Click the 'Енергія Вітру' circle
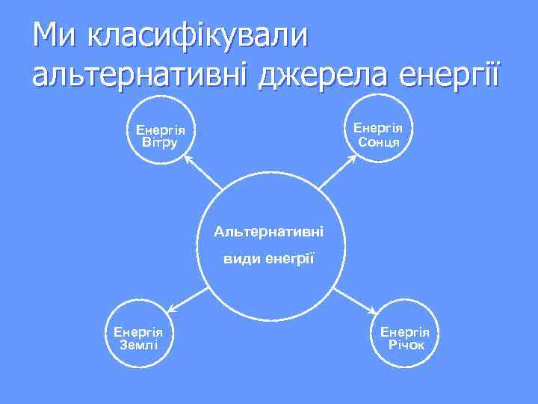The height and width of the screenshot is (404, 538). pyautogui.click(x=161, y=134)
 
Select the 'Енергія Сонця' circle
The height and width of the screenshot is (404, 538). pyautogui.click(x=378, y=134)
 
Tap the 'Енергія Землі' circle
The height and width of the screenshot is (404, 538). pyautogui.click(x=139, y=337)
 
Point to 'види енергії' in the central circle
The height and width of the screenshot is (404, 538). pyautogui.click(x=269, y=258)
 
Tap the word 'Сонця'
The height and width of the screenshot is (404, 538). pyautogui.click(x=378, y=142)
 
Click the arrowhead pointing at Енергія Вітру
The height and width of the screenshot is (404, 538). pyautogui.click(x=188, y=159)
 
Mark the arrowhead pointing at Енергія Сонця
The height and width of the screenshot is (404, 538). pyautogui.click(x=352, y=159)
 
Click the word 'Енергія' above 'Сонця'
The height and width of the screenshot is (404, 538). pyautogui.click(x=378, y=128)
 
